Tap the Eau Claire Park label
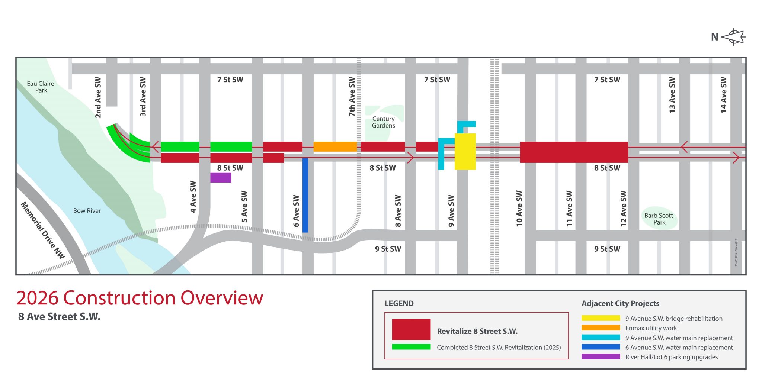(41, 87)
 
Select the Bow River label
(87, 211)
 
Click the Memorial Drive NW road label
(42, 230)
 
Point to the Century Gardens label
(383, 122)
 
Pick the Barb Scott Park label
(659, 219)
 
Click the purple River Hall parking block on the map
(221, 178)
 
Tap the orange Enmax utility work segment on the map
(335, 146)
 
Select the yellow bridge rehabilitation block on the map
(465, 151)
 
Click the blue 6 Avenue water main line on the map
(305, 195)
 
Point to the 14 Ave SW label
(723, 95)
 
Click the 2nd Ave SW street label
(98, 97)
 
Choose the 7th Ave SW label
(352, 97)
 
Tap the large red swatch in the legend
(411, 329)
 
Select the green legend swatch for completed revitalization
(411, 347)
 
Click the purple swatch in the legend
(601, 356)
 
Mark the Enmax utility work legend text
(651, 328)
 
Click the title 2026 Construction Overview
(140, 298)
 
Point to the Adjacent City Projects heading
(620, 303)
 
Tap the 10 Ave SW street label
(519, 209)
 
